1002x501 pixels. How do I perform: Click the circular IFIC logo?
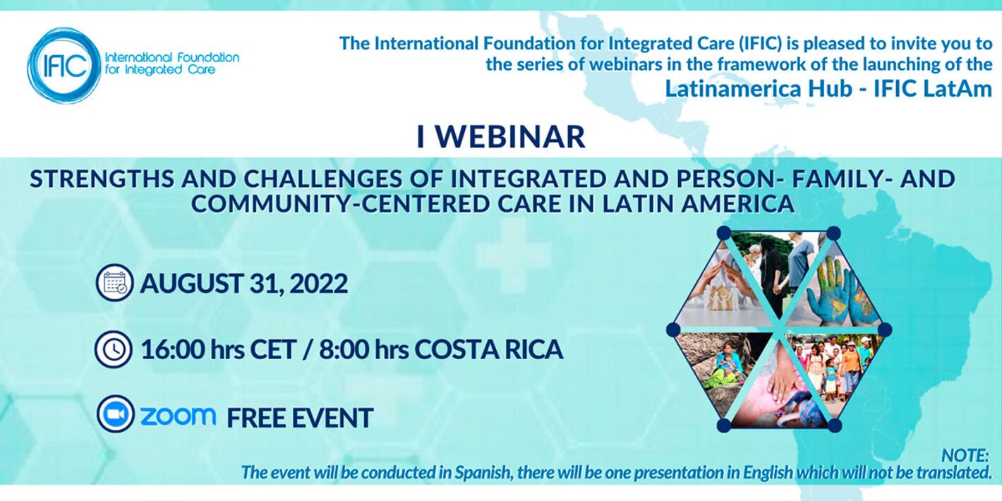[x=64, y=66]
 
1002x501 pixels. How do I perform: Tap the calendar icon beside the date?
[x=114, y=283]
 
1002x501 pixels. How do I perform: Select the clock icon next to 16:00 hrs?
[x=114, y=349]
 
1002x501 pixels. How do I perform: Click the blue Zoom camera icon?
[x=114, y=414]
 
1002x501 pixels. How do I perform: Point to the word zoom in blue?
[x=178, y=416]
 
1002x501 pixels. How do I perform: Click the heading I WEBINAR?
[x=500, y=137]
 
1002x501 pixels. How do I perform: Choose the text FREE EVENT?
[x=299, y=418]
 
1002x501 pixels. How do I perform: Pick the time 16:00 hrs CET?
[x=218, y=349]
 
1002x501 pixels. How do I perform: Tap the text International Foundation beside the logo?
[x=171, y=57]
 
